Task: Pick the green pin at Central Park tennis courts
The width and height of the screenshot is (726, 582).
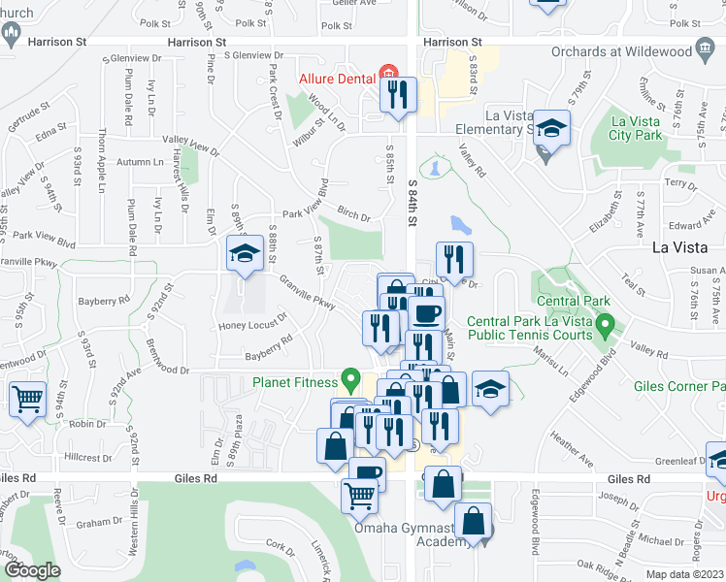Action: click(606, 322)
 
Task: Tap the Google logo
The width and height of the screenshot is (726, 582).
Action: click(32, 570)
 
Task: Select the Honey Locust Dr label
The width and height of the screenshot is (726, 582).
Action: click(253, 322)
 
